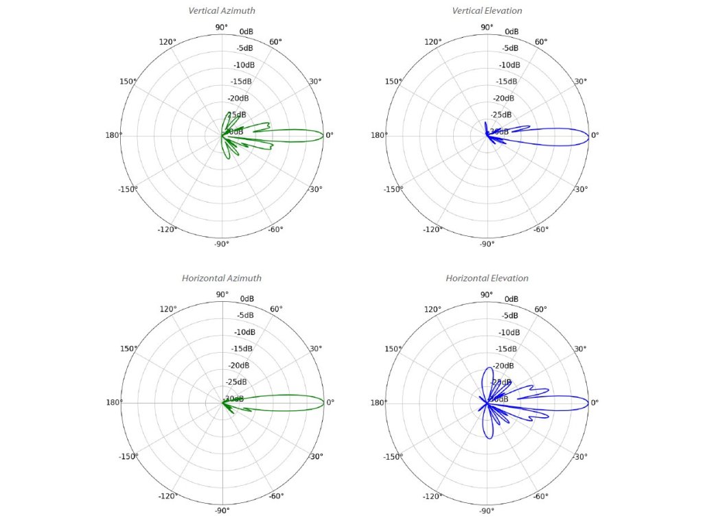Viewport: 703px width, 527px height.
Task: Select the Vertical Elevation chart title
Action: [x=487, y=11]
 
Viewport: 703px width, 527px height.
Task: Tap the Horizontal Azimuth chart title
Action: [x=221, y=279]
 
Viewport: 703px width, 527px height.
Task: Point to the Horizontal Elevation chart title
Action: [x=487, y=279]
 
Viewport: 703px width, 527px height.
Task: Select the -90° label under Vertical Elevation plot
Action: [x=487, y=244]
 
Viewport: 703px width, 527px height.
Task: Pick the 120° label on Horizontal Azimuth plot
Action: [x=168, y=309]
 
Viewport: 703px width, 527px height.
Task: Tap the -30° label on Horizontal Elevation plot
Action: [x=580, y=457]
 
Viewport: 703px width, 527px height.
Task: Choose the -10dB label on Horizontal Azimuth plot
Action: [x=244, y=332]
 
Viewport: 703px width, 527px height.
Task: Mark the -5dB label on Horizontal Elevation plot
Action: [x=509, y=316]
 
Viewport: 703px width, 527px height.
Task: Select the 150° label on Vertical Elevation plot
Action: [x=393, y=82]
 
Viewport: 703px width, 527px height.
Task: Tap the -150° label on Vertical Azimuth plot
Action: [x=128, y=189]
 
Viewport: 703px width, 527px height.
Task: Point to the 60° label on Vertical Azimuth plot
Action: [x=275, y=42]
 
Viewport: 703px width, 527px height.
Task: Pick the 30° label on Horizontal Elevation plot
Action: [x=581, y=349]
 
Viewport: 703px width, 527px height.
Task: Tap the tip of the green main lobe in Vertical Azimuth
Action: [x=324, y=136]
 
